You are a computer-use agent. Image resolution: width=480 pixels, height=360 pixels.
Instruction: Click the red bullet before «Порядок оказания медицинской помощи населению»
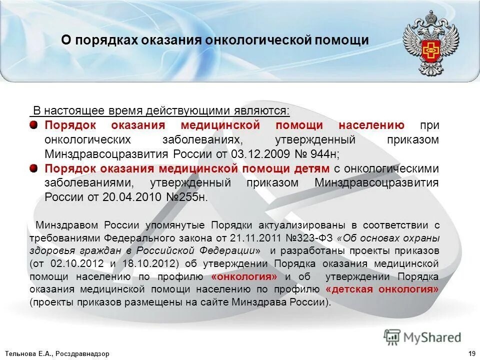point(33,124)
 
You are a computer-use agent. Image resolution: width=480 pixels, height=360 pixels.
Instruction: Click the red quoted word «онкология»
point(244,276)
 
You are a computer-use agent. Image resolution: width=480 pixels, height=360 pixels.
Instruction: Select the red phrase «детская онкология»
point(381,289)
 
